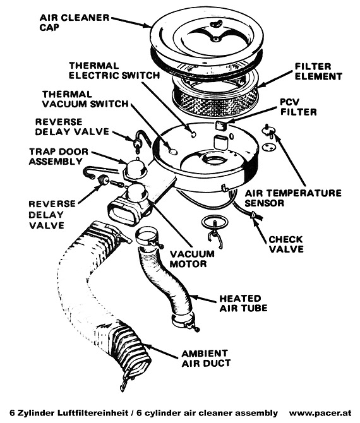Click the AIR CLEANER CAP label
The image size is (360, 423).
pos(75,22)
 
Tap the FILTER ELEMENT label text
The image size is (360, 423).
pos(318,71)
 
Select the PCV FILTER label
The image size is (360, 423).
pos(299,107)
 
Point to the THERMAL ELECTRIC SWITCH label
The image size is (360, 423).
pos(114,71)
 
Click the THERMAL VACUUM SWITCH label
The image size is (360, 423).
pos(85,99)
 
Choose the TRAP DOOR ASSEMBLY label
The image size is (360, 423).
pos(59,157)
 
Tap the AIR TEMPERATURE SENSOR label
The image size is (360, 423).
pos(293,198)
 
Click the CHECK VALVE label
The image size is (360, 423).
pos(286,244)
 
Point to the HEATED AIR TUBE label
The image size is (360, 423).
pos(243,303)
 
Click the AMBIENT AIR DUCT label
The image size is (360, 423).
pos(206,359)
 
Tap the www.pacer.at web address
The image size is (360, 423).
pos(320,413)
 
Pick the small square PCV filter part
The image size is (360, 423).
pos(221,125)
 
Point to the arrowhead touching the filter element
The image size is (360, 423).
pos(260,86)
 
